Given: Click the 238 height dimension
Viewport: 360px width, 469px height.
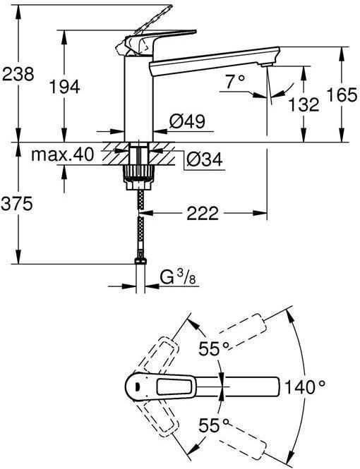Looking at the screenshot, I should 18,73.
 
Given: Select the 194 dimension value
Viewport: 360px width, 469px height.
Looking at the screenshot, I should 64,86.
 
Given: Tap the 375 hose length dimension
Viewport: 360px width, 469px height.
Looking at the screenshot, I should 18,204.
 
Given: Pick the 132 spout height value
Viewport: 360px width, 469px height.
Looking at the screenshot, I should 304,104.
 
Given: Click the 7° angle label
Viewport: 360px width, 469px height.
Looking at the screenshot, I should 235,83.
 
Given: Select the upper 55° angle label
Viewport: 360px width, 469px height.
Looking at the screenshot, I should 215,347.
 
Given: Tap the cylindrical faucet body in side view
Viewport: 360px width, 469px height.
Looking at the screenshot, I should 140,99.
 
